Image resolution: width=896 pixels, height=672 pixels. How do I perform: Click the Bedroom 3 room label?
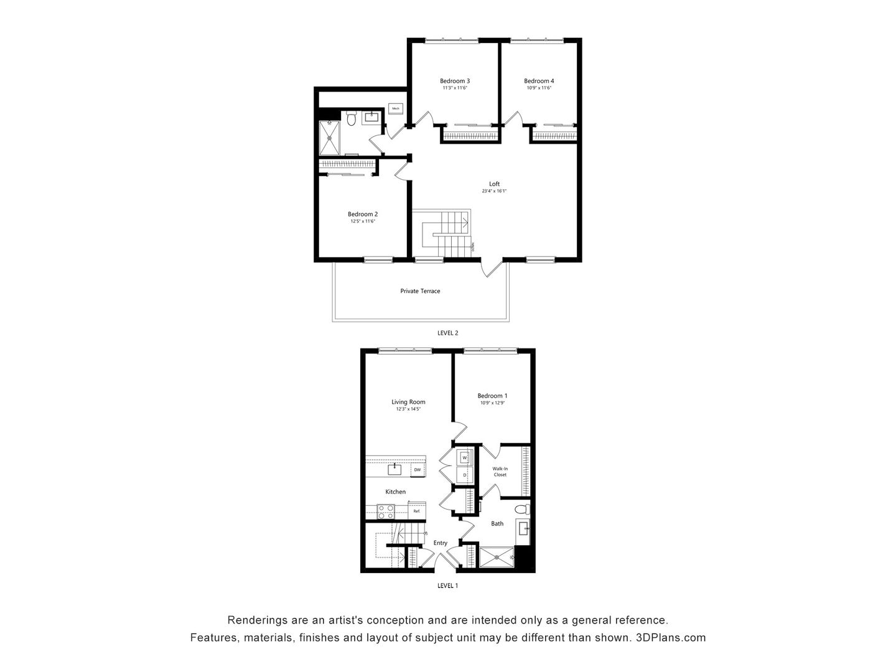coord(454,81)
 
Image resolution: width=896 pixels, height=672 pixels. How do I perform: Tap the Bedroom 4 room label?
coord(539,81)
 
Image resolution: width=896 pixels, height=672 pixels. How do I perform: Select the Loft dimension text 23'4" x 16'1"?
coord(494,191)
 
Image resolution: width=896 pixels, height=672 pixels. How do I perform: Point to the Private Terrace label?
coord(420,291)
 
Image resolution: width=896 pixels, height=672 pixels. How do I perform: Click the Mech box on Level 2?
coord(396,108)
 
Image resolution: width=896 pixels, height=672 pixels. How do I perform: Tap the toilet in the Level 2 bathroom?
coord(352,118)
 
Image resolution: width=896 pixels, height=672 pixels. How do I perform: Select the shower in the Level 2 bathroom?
coord(330,138)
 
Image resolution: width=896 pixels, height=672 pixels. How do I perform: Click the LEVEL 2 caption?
coord(447,333)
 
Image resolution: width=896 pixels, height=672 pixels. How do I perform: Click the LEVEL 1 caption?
coord(447,586)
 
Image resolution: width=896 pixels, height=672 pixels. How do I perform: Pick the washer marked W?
coord(465,458)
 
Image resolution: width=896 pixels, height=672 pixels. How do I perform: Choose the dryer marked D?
coord(465,475)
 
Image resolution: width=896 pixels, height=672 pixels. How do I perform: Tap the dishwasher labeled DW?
coord(418,470)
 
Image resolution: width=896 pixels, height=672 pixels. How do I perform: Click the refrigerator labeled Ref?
coord(417,511)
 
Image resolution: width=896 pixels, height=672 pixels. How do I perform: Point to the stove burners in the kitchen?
coord(386,511)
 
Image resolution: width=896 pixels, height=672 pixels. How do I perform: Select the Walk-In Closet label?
coord(500,472)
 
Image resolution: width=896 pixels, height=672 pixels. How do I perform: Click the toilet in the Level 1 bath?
coord(522,510)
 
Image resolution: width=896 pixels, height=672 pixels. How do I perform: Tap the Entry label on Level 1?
coord(441,543)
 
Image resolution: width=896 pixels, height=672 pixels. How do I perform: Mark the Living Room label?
coord(408,402)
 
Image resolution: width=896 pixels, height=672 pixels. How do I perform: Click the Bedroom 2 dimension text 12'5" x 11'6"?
coord(363,222)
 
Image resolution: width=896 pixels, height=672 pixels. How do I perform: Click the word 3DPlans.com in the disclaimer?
coord(671,638)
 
